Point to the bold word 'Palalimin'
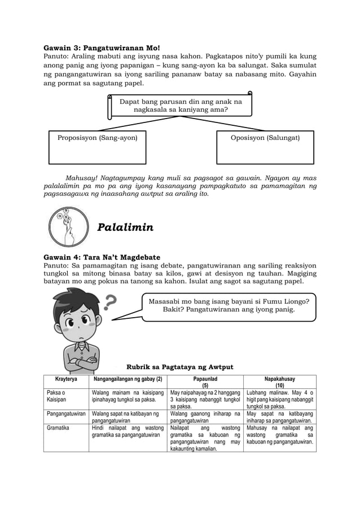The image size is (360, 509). coord(125,227)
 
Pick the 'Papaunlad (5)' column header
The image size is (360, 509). coord(205,383)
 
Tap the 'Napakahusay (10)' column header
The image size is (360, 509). coord(279,383)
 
